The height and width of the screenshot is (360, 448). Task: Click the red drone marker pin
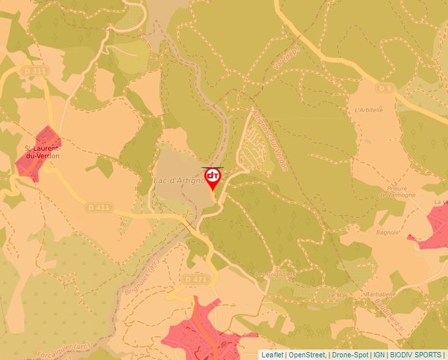[213, 178]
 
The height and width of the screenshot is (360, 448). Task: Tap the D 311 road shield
[36, 70]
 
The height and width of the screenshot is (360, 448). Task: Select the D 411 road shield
[99, 207]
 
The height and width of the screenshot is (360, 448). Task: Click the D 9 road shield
[385, 88]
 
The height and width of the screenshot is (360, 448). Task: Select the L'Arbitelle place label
[368, 110]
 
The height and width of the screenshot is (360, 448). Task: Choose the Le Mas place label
[337, 296]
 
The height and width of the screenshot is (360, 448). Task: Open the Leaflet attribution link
[273, 355]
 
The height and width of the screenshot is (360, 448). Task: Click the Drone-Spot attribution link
[349, 355]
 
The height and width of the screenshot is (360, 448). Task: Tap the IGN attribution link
[379, 355]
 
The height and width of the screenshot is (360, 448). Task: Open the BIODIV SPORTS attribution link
[416, 355]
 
